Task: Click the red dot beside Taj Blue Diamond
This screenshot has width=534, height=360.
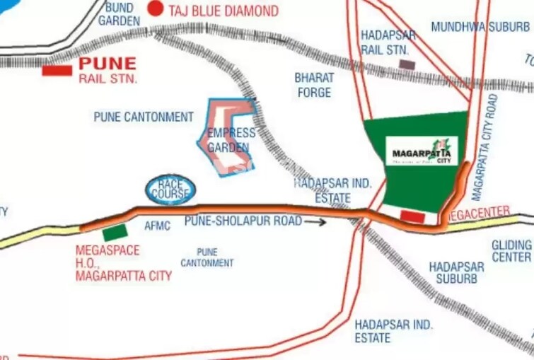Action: coord(155,10)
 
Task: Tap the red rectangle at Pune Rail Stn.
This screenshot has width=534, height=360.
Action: coord(57,70)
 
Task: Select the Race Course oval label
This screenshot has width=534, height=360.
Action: coord(170,189)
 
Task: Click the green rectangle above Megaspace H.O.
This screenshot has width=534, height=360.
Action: coord(115,233)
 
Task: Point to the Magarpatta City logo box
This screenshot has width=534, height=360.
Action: coord(422,151)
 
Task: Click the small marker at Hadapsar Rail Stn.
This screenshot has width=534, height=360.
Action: coord(407,64)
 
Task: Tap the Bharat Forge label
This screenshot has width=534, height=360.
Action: coord(313,85)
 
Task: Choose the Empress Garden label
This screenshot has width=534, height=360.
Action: coord(231,141)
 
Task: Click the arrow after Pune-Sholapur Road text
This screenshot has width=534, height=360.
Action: coord(316,221)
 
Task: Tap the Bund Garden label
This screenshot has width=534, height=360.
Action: coord(119,13)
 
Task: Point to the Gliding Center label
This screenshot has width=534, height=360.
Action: coord(511,250)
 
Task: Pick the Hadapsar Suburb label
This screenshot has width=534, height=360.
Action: coord(456,273)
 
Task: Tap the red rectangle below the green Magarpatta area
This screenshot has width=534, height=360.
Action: coord(412,216)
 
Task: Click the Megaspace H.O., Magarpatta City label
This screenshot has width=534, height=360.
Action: coord(123,263)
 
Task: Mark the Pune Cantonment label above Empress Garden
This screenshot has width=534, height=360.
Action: coord(144,117)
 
